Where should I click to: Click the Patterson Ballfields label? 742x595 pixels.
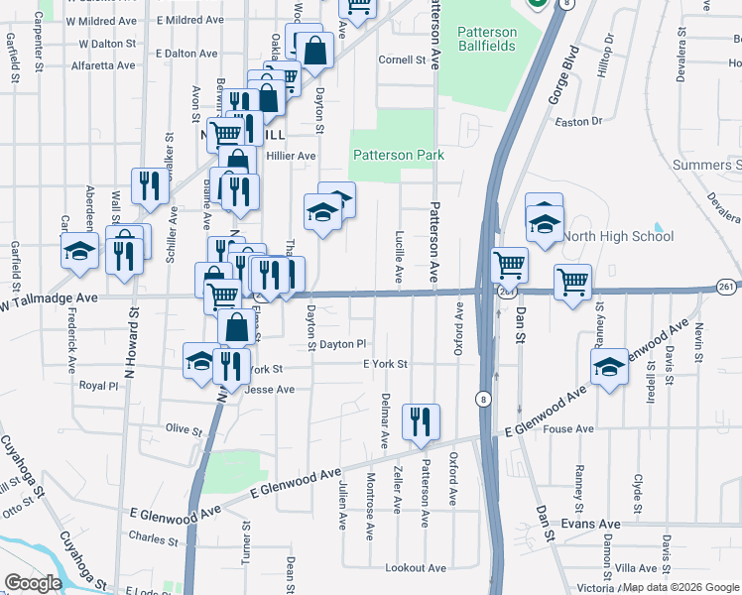point(487,40)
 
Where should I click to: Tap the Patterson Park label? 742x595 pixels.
point(398,155)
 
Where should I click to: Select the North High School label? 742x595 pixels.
point(618,236)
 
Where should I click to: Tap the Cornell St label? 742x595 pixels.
point(402,59)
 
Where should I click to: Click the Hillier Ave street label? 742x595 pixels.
point(289,156)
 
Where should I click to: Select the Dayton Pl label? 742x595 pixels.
point(343,343)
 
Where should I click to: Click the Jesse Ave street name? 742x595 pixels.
point(270,390)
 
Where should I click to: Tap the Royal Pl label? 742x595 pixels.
point(99,385)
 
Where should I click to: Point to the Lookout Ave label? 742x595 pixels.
point(417,567)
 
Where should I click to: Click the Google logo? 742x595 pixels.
point(33,583)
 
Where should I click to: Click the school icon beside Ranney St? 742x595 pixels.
point(609,366)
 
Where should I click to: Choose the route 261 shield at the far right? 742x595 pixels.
point(726,287)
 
